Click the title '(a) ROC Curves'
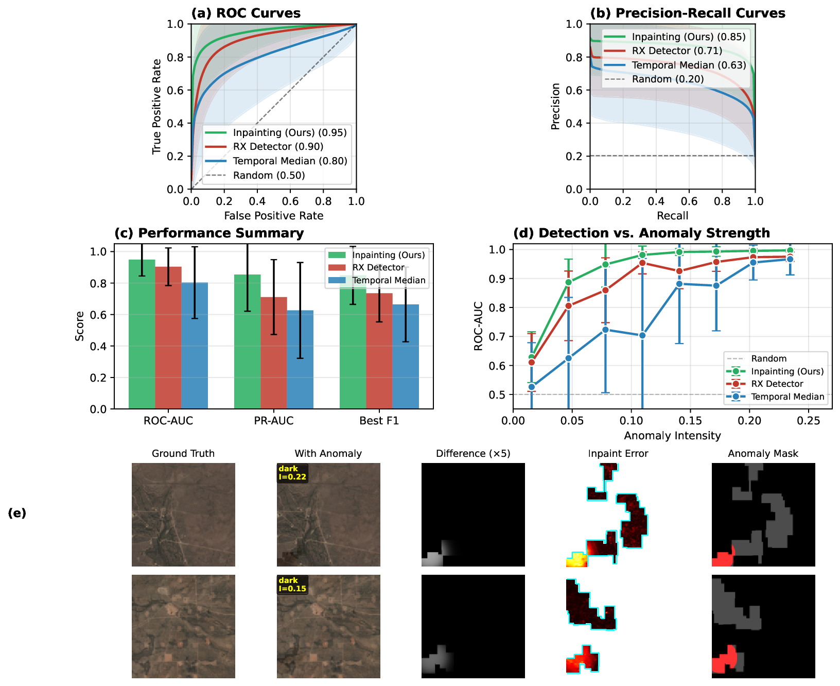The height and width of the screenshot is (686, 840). click(246, 13)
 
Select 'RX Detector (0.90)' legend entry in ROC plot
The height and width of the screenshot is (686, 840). click(277, 147)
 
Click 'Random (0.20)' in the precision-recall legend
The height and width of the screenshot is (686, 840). click(668, 79)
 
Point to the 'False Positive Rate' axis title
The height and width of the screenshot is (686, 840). click(273, 216)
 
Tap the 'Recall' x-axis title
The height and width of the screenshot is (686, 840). click(672, 216)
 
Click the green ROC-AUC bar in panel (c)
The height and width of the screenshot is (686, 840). click(142, 335)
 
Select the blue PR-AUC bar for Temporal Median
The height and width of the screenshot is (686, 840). click(300, 361)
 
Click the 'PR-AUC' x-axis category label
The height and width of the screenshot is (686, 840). click(274, 421)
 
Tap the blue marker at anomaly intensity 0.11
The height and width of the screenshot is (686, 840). click(642, 336)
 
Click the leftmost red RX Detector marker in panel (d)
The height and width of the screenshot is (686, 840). click(532, 363)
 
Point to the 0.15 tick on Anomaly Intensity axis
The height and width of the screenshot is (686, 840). click(690, 421)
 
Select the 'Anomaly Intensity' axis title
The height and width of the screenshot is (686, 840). click(672, 436)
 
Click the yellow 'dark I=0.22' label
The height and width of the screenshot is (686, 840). click(292, 473)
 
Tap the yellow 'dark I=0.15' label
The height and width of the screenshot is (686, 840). click(292, 585)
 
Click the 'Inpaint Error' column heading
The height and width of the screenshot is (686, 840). click(618, 454)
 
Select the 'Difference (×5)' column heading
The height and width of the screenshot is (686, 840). click(473, 454)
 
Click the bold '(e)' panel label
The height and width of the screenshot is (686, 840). click(17, 513)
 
